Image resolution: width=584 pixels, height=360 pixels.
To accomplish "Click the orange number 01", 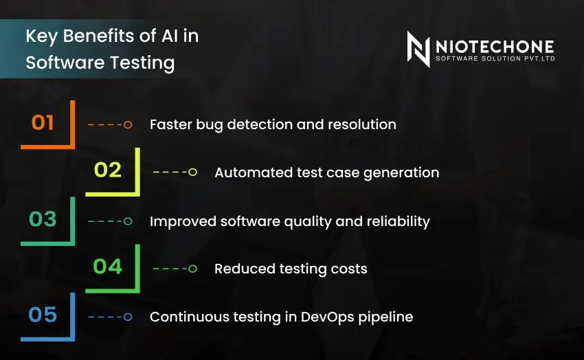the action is (43, 122).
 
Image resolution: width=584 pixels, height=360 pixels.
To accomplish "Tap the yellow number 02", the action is (108, 170).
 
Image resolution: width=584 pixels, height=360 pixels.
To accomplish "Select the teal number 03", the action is (43, 219).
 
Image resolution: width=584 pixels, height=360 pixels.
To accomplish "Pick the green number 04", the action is (108, 267).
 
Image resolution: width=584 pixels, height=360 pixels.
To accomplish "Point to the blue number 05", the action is (43, 315).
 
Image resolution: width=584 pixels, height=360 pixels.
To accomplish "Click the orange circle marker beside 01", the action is (128, 125).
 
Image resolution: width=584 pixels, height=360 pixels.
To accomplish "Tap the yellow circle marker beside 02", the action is (192, 172).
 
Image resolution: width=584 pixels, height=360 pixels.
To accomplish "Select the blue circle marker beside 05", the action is (128, 317).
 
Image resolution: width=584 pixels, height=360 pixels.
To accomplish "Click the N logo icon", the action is (418, 49).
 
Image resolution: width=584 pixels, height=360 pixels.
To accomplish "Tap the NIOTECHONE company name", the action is (495, 47).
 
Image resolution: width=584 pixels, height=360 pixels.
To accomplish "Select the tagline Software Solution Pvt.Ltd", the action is (495, 58).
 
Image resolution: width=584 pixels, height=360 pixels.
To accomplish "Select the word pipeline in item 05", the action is (385, 317).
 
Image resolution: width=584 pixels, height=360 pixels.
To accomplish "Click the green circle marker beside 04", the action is (192, 269).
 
